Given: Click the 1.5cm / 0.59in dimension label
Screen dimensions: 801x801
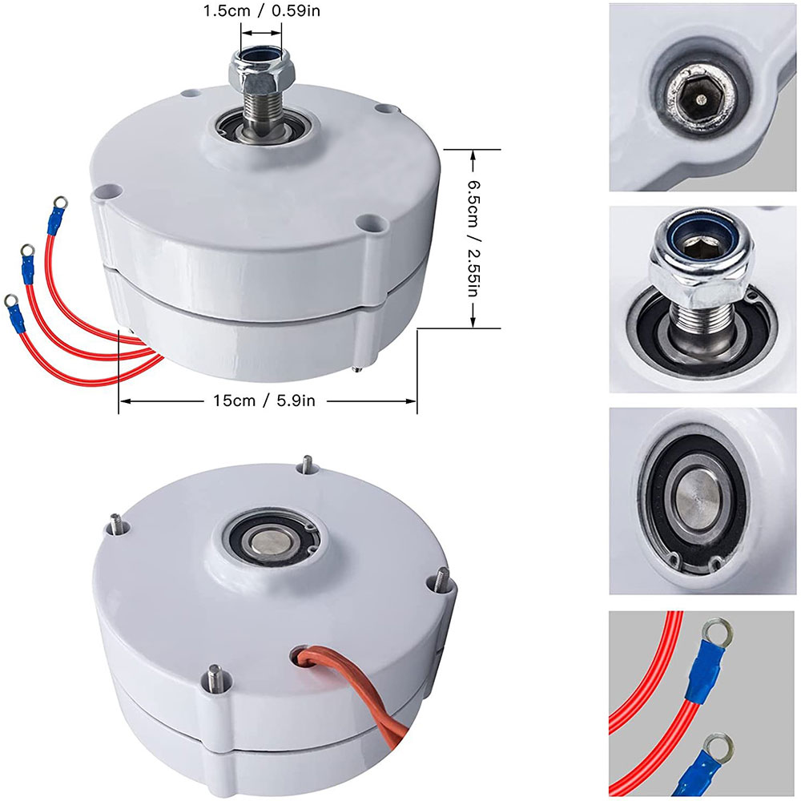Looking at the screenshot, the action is coord(262,10).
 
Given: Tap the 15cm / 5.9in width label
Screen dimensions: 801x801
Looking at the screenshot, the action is coord(264,400).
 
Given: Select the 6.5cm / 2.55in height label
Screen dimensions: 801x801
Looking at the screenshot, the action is coord(473,238).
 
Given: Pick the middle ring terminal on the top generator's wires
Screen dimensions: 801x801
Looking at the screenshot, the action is coord(26,251).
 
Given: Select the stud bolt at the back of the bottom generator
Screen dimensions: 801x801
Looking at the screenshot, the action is coord(308,464).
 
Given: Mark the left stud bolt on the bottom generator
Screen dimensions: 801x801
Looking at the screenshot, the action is coord(115,524).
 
